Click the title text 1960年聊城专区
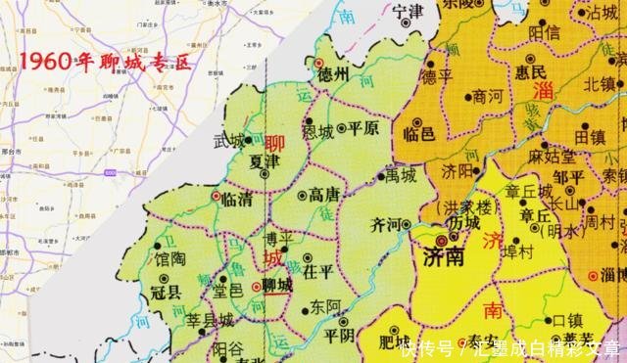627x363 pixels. (106, 62)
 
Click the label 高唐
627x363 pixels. (323, 195)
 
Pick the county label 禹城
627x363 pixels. (403, 176)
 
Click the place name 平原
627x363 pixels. (363, 128)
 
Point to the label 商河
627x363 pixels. (487, 97)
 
